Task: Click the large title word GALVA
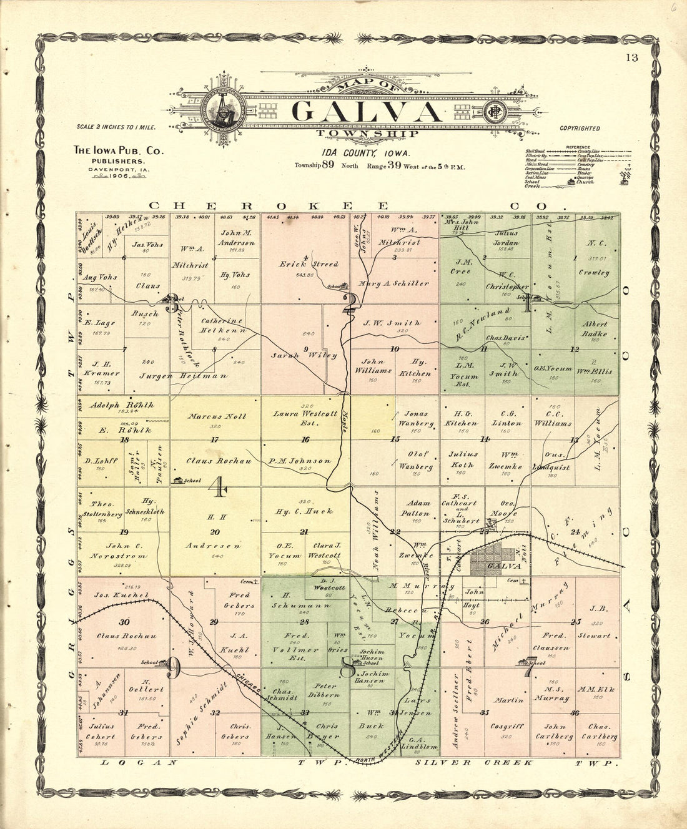click(x=366, y=111)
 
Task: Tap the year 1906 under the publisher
click(x=117, y=177)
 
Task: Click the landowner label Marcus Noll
click(x=217, y=416)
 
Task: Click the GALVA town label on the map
click(x=503, y=566)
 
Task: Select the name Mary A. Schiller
click(x=394, y=283)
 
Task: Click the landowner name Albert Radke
click(x=595, y=328)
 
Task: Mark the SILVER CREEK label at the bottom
click(x=474, y=762)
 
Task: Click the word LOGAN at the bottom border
click(x=139, y=762)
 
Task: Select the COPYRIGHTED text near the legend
click(x=580, y=129)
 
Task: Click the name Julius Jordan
click(x=505, y=238)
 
